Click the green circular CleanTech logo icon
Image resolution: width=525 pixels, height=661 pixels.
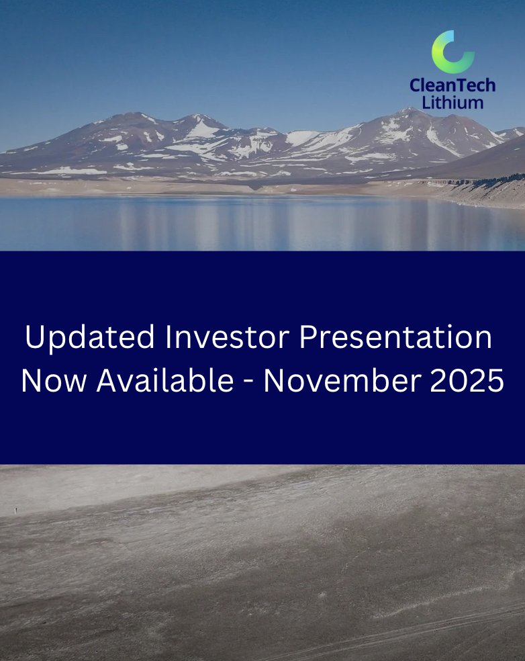tap(452, 51)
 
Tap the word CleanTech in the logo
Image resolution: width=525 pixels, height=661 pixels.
tap(453, 85)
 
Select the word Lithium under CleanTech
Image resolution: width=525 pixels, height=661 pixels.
tap(452, 102)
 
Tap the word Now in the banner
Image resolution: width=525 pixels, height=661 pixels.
tap(54, 382)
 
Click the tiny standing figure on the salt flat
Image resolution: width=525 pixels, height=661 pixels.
tap(15, 511)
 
